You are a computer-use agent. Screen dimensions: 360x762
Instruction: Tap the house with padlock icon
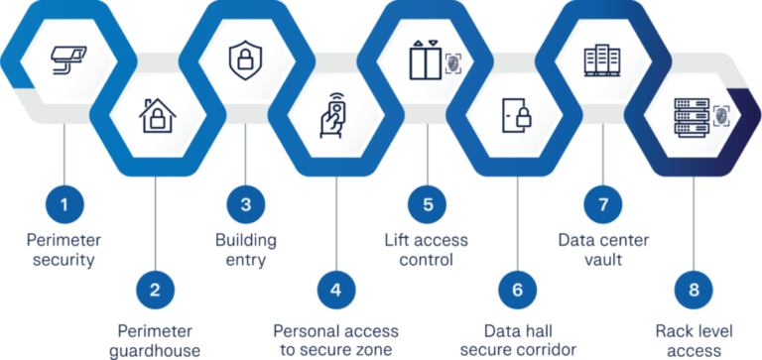point(155,116)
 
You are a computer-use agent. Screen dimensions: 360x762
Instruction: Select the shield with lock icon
point(243,60)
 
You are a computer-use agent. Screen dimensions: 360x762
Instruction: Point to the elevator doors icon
point(423,60)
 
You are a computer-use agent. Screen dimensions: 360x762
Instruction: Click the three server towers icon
point(602,60)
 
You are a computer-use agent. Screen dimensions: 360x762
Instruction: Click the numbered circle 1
point(65,205)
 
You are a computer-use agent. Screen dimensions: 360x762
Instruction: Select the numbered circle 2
point(155,290)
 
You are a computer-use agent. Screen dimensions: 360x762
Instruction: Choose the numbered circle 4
point(335,290)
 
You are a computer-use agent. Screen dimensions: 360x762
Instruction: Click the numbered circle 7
point(602,205)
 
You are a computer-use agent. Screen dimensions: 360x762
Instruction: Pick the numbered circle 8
point(692,290)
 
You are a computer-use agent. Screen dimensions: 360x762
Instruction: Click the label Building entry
point(246,250)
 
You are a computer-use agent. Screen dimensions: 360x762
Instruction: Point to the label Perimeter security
point(65,250)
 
